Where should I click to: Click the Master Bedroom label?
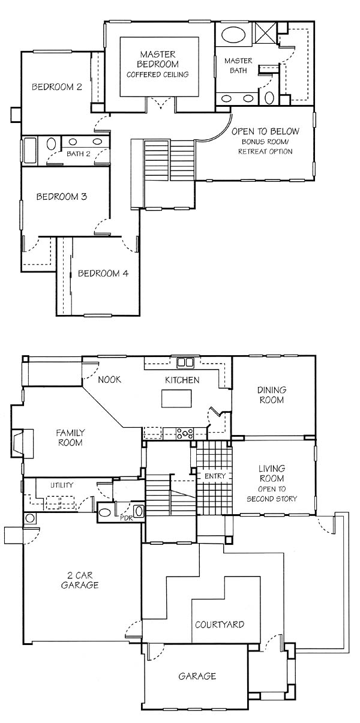(158, 59)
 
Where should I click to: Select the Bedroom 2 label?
(57, 87)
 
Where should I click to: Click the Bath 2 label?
(79, 154)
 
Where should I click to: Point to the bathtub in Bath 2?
(30, 151)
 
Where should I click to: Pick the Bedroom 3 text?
(62, 197)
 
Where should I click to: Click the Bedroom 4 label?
(103, 274)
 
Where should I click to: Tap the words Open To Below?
(265, 131)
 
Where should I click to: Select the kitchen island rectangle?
(176, 398)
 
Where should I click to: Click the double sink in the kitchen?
(185, 362)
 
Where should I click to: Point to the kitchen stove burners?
(185, 433)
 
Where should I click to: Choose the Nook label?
(109, 380)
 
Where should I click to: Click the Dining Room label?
(272, 395)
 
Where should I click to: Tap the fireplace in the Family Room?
(22, 443)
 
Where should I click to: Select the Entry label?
(215, 476)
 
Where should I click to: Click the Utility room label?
(62, 485)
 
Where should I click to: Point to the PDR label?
(126, 518)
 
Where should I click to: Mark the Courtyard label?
(220, 625)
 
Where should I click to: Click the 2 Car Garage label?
(80, 580)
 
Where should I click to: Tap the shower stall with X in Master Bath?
(265, 32)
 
